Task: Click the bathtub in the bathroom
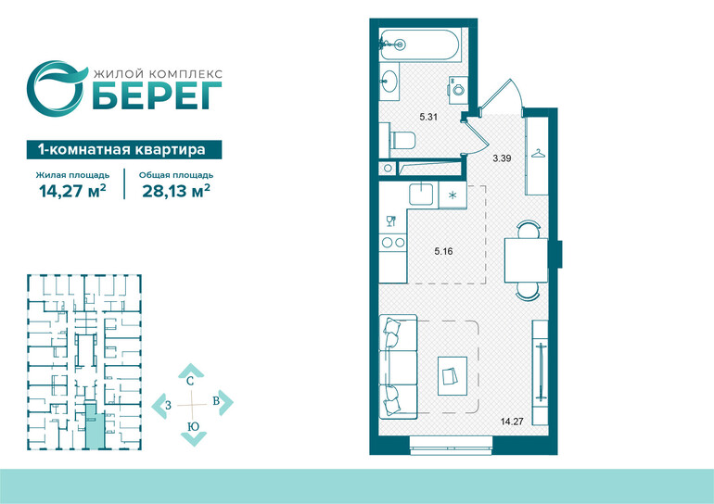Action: click(420, 44)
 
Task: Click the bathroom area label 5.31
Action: click(428, 117)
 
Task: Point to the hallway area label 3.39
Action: click(503, 158)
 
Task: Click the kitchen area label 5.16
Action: click(443, 251)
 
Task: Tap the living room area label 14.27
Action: click(512, 422)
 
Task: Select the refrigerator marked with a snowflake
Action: click(453, 195)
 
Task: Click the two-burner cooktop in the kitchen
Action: click(393, 243)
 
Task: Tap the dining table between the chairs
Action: click(526, 259)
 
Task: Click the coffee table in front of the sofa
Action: click(453, 376)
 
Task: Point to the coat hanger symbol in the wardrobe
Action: click(538, 154)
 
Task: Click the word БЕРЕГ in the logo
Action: click(157, 96)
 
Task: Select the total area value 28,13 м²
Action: click(176, 191)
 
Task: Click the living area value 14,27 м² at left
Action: click(73, 191)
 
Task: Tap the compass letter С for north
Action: click(190, 381)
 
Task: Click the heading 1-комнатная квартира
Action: click(122, 150)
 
